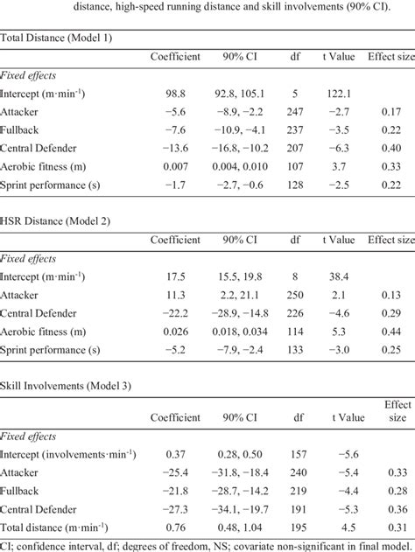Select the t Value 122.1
click(337, 94)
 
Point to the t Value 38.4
click(337, 276)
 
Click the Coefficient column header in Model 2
click(175, 240)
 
